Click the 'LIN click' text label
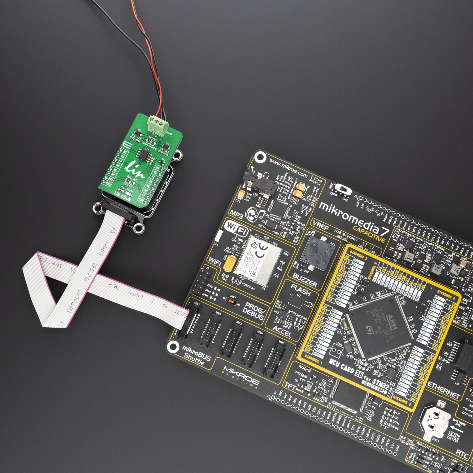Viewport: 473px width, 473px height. pyautogui.click(x=122, y=197)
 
